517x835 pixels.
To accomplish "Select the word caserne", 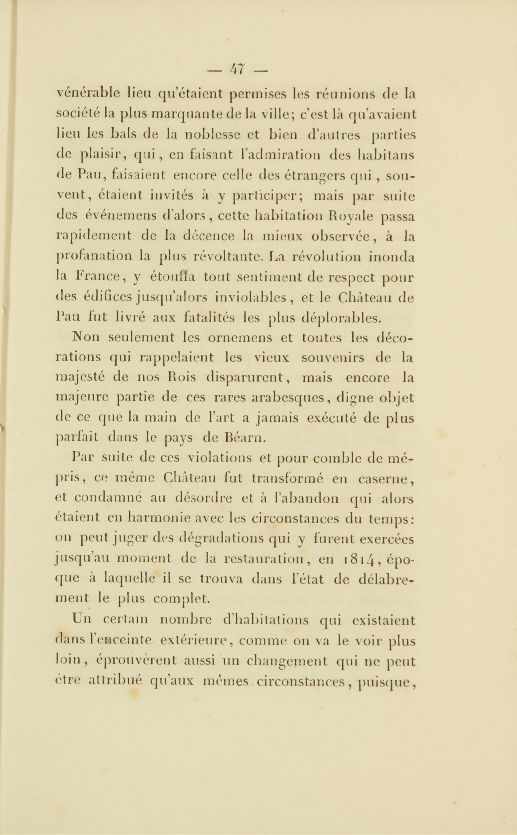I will pyautogui.click(x=385, y=479).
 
